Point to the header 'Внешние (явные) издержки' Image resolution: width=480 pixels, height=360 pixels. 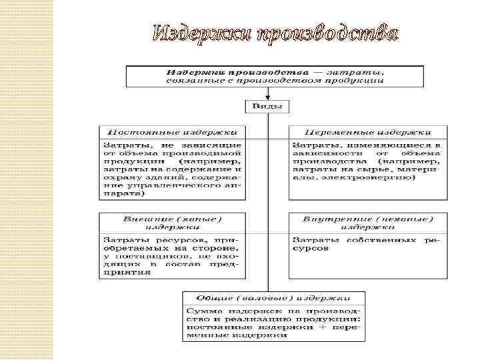pos(172,222)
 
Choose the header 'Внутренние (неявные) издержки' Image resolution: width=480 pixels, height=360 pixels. pos(366,222)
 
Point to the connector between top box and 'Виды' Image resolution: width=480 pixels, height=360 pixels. pos(267,94)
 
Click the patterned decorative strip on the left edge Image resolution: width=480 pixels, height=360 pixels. pos(27,180)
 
